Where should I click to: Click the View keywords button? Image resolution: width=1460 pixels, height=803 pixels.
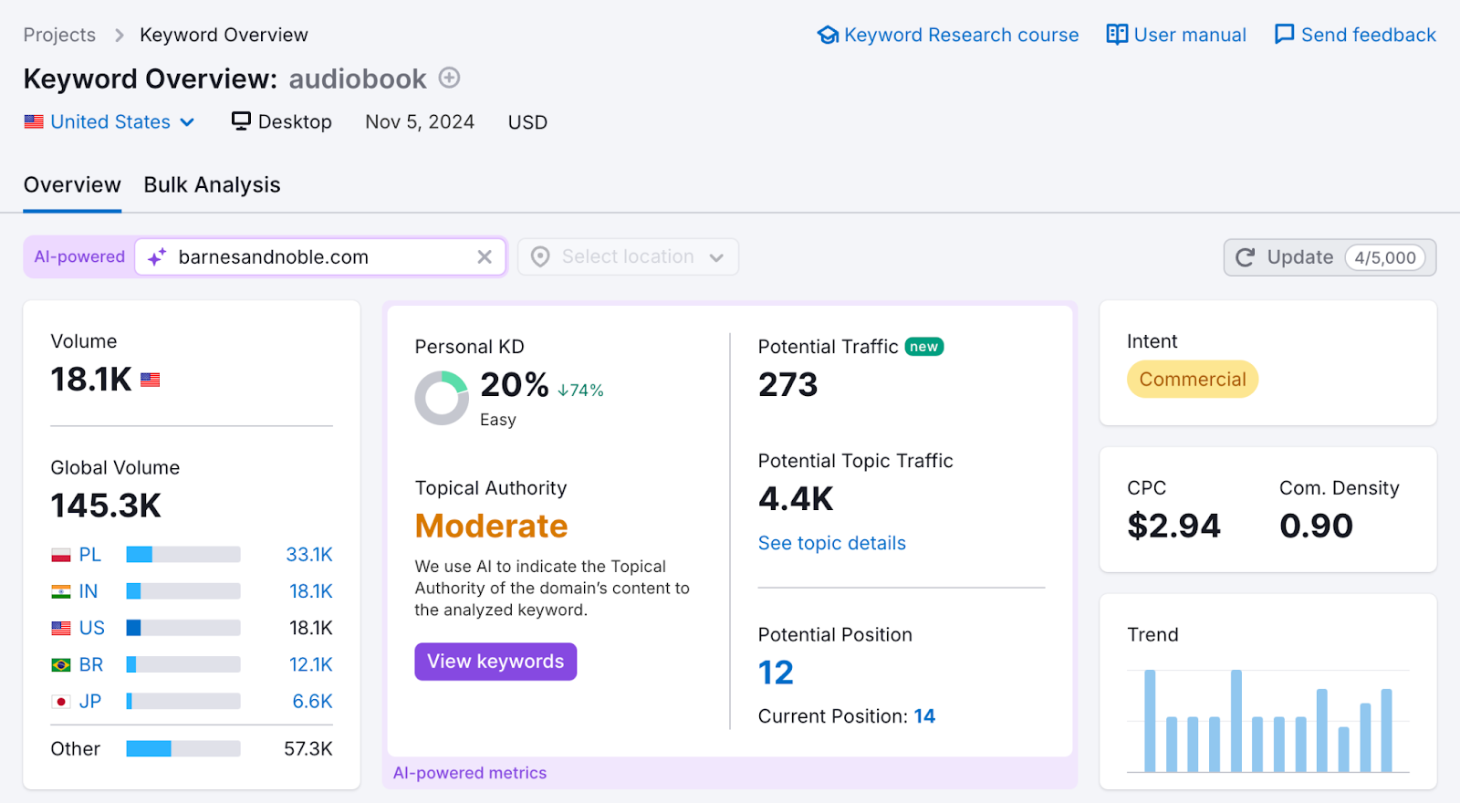[x=495, y=662]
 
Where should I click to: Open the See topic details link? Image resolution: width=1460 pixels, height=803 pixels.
[x=831, y=543]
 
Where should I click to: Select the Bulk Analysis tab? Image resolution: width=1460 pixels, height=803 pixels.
[x=212, y=185]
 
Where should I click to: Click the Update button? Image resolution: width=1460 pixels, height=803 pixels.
[x=1299, y=257]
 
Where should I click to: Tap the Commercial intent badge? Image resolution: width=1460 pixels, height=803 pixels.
[x=1192, y=380]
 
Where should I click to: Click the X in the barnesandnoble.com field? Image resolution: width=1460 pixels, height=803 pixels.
[x=485, y=257]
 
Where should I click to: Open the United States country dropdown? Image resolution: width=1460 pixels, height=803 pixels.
[x=110, y=122]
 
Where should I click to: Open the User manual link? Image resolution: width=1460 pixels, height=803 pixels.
[x=1176, y=35]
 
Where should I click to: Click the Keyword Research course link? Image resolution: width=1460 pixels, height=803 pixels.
[x=948, y=35]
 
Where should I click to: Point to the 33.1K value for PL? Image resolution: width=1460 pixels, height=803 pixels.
[x=309, y=555]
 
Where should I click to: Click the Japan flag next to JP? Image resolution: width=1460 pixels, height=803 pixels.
[x=61, y=702]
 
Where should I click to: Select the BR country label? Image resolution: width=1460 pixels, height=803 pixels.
[x=91, y=664]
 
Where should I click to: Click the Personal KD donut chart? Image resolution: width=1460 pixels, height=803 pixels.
[x=442, y=398]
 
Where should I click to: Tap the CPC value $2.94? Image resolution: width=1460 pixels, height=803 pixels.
[x=1173, y=526]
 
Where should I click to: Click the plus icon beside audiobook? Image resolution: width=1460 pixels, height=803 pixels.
[x=449, y=78]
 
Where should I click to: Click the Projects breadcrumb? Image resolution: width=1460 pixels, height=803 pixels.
[x=59, y=35]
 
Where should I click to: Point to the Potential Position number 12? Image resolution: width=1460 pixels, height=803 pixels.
[x=776, y=673]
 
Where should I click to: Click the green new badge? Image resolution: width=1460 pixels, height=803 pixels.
[x=923, y=347]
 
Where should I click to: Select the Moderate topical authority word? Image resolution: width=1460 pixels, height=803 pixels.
[x=491, y=527]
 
